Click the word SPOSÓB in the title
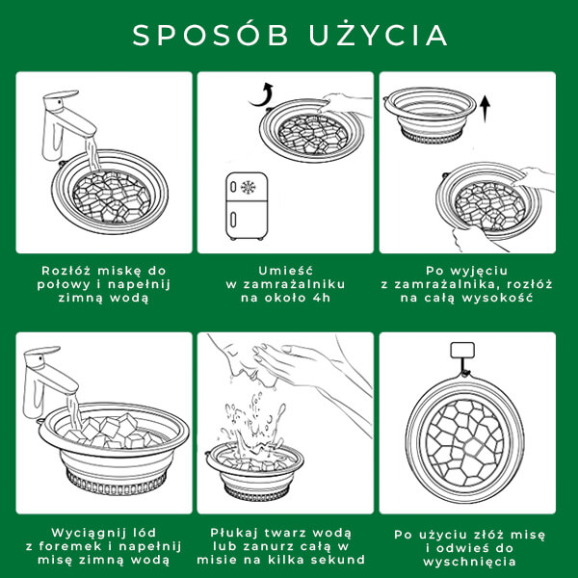(210, 35)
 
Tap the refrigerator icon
(247, 206)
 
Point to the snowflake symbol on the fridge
(249, 187)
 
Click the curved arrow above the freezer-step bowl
(262, 95)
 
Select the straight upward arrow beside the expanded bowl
(486, 109)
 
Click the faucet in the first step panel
(66, 124)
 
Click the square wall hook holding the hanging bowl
(462, 350)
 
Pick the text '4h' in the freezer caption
(321, 298)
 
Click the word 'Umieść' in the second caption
(285, 271)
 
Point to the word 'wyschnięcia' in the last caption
(469, 562)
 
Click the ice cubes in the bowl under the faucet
(111, 431)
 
